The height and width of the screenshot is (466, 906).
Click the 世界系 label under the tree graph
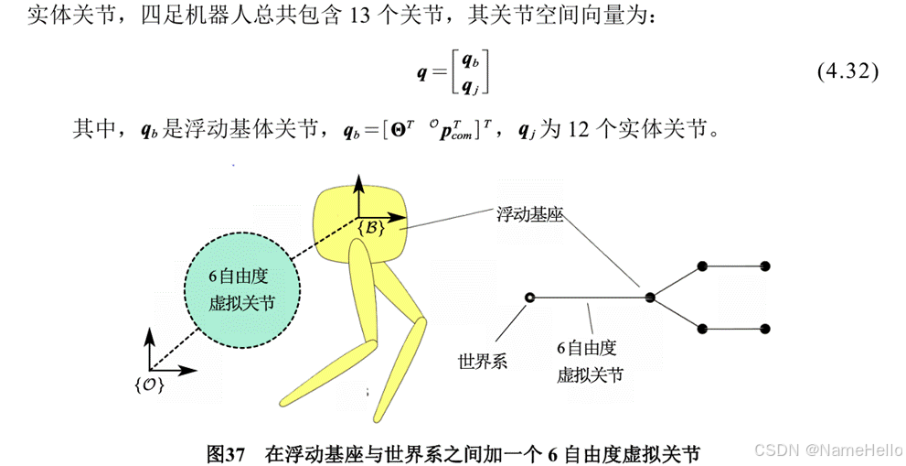point(483,361)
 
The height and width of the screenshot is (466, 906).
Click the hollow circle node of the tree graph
point(528,297)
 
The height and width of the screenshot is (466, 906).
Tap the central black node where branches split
point(650,297)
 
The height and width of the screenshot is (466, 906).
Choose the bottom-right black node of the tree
point(765,328)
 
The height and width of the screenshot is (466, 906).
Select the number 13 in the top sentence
point(359,16)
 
